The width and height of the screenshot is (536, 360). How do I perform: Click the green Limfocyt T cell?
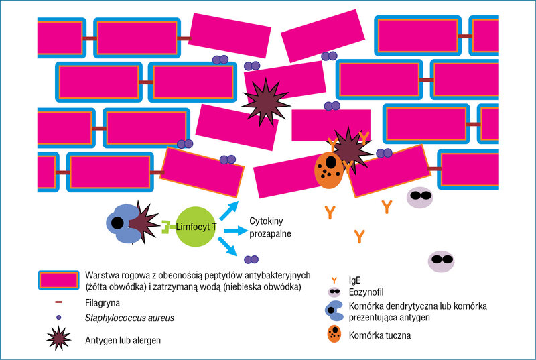[196, 227]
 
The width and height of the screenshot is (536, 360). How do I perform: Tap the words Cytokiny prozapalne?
[270, 227]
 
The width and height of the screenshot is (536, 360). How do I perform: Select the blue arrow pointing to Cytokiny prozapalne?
[236, 231]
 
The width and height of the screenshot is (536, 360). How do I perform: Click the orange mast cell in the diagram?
[329, 170]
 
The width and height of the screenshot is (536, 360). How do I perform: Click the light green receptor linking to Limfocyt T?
[168, 227]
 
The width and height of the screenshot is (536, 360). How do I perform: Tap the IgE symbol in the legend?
[334, 280]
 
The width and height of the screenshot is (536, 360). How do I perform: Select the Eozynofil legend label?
[366, 292]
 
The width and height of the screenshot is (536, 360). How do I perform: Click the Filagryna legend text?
[103, 303]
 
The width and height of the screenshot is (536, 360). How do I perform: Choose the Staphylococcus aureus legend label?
[129, 318]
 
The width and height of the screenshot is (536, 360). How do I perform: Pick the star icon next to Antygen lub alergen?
[59, 338]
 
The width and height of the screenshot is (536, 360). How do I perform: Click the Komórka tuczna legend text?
[380, 335]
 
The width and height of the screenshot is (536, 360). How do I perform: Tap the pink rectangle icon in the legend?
[59, 280]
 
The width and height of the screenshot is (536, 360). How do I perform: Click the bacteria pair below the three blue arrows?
[251, 260]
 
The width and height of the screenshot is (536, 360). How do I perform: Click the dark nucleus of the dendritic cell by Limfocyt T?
[117, 223]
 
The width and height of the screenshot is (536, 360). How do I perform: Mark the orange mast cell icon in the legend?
[334, 334]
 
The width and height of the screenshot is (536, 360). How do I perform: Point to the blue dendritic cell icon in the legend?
[334, 311]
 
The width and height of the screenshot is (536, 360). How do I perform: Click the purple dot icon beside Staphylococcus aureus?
[59, 318]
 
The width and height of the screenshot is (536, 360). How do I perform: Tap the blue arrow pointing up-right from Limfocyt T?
[228, 211]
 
